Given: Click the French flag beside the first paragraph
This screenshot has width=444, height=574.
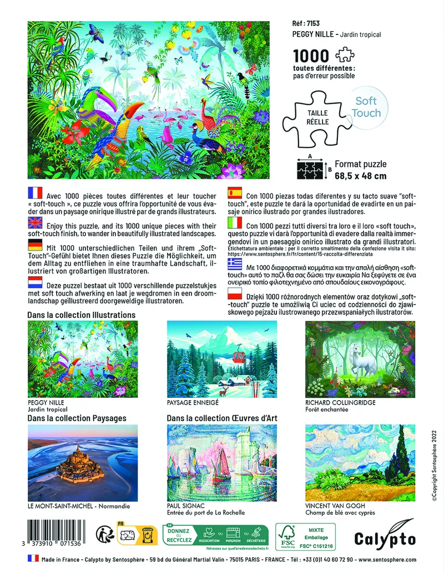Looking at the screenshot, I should [x=34, y=193].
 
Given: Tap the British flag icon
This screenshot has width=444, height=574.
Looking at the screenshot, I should [x=34, y=223].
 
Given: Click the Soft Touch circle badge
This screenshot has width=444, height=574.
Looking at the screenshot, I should [x=366, y=107].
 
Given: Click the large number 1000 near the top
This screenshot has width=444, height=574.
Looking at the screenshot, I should [x=311, y=57].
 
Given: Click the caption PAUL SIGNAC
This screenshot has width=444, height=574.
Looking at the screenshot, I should [x=186, y=506].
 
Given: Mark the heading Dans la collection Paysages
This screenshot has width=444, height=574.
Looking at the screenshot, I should [x=77, y=418].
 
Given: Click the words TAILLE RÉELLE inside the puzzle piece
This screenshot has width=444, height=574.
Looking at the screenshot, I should [x=317, y=117].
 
